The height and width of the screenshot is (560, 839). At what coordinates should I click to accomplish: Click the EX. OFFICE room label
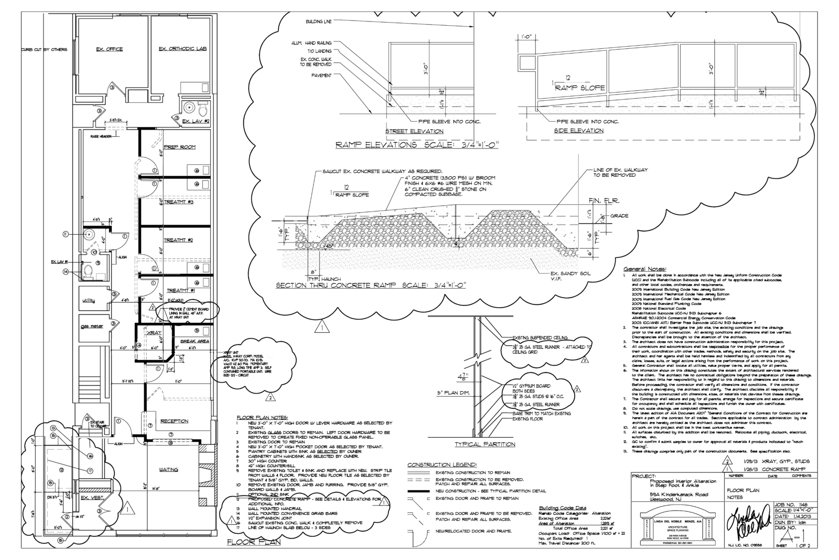(x=109, y=49)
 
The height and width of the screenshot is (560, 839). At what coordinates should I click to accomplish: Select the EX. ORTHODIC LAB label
(x=183, y=49)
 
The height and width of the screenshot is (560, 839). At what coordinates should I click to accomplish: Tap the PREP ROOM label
(x=179, y=147)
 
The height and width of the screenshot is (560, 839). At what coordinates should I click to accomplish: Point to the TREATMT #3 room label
(x=179, y=202)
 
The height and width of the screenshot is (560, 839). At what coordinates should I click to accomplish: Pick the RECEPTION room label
(x=174, y=421)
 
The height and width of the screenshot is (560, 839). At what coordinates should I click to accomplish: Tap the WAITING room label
(x=169, y=470)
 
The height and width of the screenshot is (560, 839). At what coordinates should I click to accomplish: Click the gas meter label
(x=92, y=326)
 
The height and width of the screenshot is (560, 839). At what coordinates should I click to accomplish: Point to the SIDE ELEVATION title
(x=579, y=131)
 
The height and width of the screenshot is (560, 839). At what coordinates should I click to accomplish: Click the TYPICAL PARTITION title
(x=484, y=444)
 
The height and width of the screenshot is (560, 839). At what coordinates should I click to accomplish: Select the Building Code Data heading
(x=563, y=508)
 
